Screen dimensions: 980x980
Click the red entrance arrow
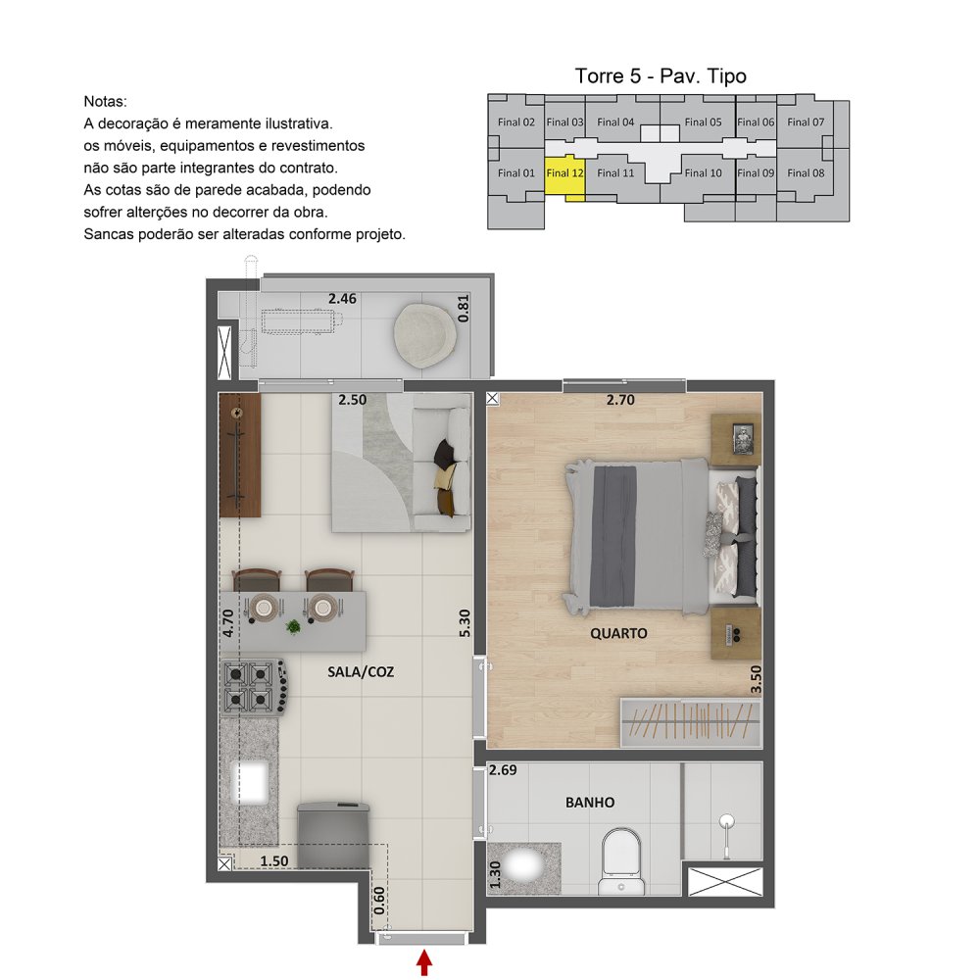(424, 962)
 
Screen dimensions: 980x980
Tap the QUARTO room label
(618, 634)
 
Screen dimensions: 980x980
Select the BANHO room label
(590, 802)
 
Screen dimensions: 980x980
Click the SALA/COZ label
(361, 672)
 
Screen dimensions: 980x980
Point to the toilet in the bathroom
(621, 860)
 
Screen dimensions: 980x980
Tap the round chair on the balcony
(424, 335)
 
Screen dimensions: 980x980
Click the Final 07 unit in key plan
(806, 122)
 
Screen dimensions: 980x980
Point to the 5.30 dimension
(464, 623)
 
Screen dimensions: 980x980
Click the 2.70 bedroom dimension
(620, 400)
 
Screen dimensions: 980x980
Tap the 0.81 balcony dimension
(464, 309)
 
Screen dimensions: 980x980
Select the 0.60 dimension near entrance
(379, 901)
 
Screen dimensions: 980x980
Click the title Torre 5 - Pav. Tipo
(661, 76)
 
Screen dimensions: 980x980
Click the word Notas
(105, 101)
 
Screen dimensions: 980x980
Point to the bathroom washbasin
(523, 867)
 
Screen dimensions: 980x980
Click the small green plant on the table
(292, 626)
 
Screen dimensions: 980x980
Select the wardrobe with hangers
(691, 722)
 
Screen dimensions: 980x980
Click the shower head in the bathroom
(726, 820)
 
